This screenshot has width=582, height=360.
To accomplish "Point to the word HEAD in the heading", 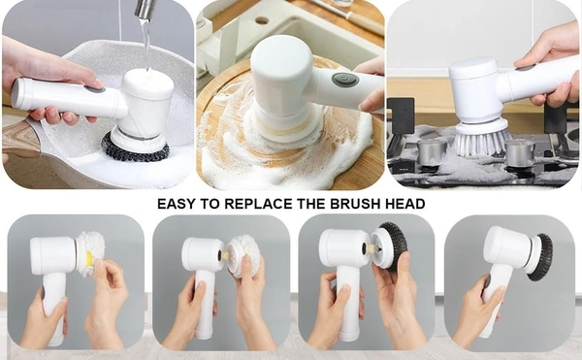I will (x=404, y=205).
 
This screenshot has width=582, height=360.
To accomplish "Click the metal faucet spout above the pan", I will (x=145, y=10).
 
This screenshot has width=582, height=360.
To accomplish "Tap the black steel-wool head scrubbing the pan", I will (x=136, y=148).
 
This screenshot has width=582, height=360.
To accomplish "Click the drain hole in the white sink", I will (x=261, y=19).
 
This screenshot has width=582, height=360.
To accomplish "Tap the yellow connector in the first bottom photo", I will (x=88, y=259).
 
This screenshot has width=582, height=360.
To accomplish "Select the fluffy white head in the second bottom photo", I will (x=240, y=255).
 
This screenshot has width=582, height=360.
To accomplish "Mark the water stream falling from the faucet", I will (x=145, y=44).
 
